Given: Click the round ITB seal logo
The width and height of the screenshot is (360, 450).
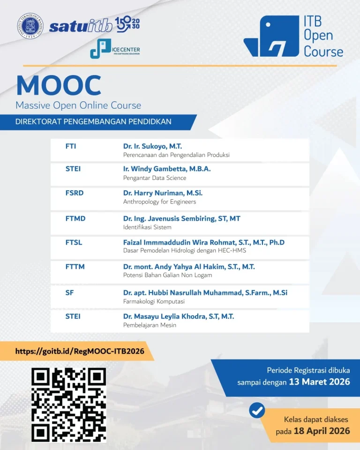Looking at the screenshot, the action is pyautogui.click(x=30, y=26).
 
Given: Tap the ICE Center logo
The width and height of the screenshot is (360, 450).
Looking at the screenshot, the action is pyautogui.click(x=115, y=49).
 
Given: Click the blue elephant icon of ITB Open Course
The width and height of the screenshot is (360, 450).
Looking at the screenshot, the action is pyautogui.click(x=271, y=36).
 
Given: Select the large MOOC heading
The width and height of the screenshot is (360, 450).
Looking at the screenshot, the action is pyautogui.click(x=59, y=85).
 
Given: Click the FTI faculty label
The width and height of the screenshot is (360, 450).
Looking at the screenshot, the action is pyautogui.click(x=71, y=146).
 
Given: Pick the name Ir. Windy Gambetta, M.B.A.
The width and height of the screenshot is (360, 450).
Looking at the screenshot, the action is pyautogui.click(x=167, y=169).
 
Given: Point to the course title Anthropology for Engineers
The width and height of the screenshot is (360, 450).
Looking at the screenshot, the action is pyautogui.click(x=160, y=202).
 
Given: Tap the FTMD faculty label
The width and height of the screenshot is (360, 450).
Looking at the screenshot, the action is pyautogui.click(x=75, y=218).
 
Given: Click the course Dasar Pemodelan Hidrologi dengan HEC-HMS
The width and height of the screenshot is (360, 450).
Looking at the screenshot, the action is pyautogui.click(x=185, y=250).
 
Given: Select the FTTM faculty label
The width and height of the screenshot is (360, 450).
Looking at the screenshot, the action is pyautogui.click(x=75, y=267).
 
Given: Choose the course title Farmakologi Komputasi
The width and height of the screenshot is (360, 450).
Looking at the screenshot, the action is pyautogui.click(x=154, y=301).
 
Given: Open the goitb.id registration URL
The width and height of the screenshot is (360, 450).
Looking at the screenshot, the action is pyautogui.click(x=80, y=351).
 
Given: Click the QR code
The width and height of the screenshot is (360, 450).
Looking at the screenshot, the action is pyautogui.click(x=68, y=405).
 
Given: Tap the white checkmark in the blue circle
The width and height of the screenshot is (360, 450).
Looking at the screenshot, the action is pyautogui.click(x=257, y=411).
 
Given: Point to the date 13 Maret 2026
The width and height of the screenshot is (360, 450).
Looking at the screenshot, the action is pyautogui.click(x=320, y=382).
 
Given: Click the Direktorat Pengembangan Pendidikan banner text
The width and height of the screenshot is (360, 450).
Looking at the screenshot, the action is pyautogui.click(x=93, y=122).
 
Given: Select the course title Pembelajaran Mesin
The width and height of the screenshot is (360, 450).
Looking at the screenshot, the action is pyautogui.click(x=150, y=325).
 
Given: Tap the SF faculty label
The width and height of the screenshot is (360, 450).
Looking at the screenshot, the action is pyautogui.click(x=69, y=292).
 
